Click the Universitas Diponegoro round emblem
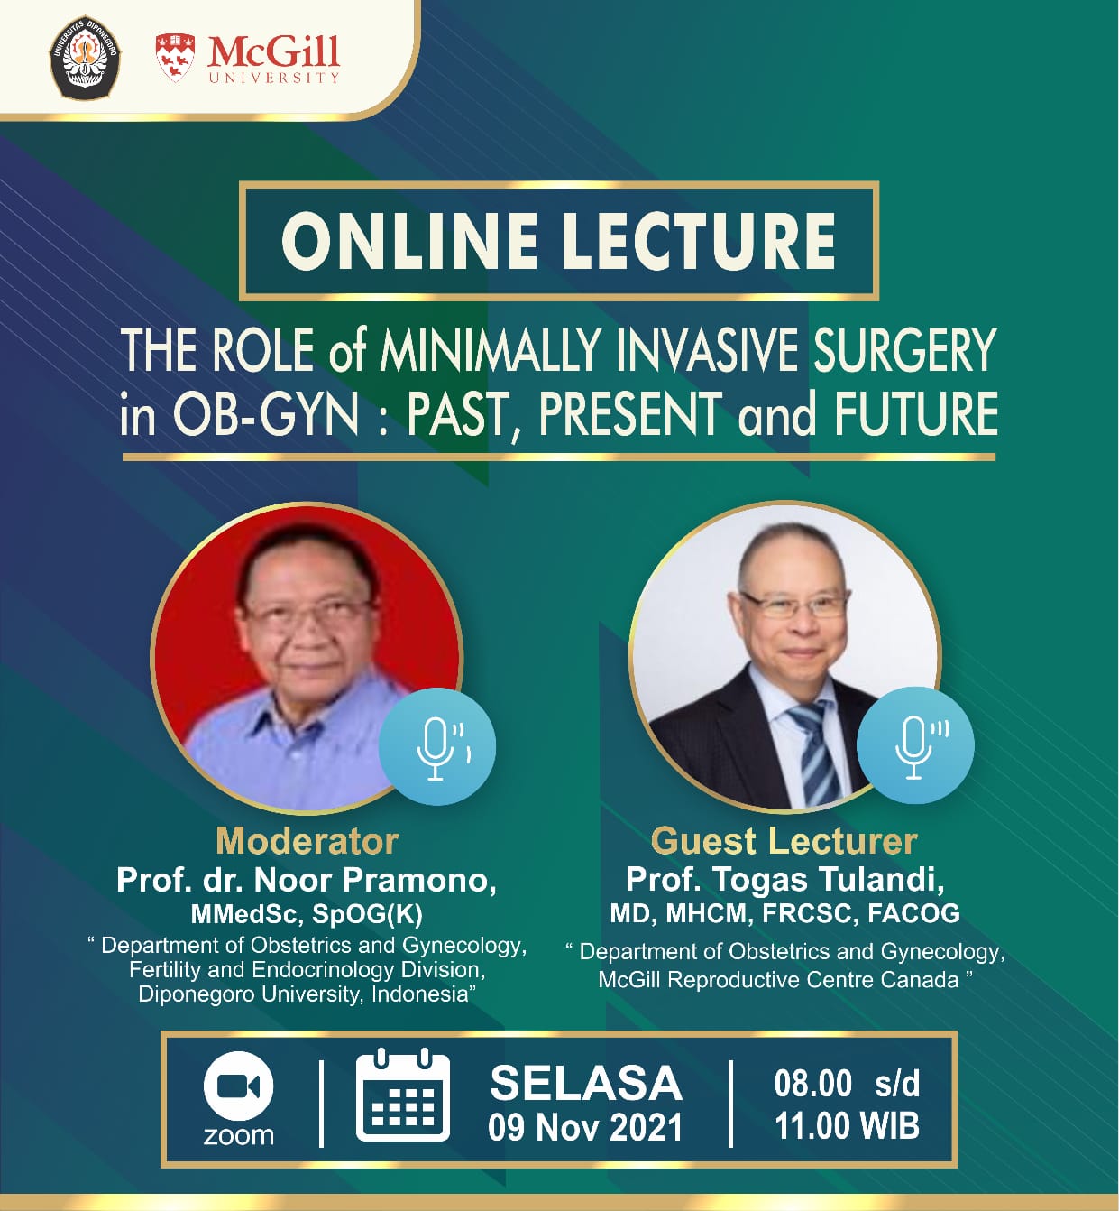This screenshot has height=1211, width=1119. click(85, 58)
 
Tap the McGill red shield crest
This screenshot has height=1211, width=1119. click(175, 58)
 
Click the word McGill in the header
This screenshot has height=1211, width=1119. click(273, 52)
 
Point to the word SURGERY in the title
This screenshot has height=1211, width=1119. click(905, 349)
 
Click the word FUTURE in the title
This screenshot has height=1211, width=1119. click(917, 413)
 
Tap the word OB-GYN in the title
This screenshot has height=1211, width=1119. click(266, 414)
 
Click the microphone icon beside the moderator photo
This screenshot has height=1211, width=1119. click(437, 747)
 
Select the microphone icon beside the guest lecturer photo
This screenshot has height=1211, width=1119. click(915, 745)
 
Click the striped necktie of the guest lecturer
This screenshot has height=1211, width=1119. click(815, 753)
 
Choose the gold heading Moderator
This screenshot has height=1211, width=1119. click(307, 842)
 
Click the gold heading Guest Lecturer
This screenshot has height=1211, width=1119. click(784, 842)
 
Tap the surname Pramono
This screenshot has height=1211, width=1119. click(418, 879)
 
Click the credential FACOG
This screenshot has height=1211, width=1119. click(913, 913)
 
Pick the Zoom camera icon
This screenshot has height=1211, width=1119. click(238, 1087)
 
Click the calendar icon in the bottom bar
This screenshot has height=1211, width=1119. click(403, 1095)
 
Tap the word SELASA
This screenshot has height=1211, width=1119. click(586, 1084)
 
